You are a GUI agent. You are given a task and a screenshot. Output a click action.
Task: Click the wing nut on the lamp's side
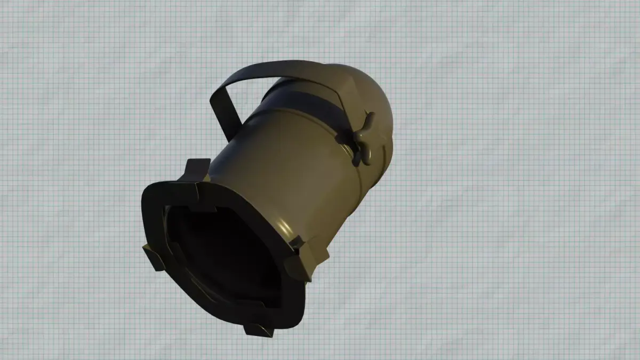click(x=359, y=138)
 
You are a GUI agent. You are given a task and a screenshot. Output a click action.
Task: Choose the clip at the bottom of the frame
click(x=259, y=329)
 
